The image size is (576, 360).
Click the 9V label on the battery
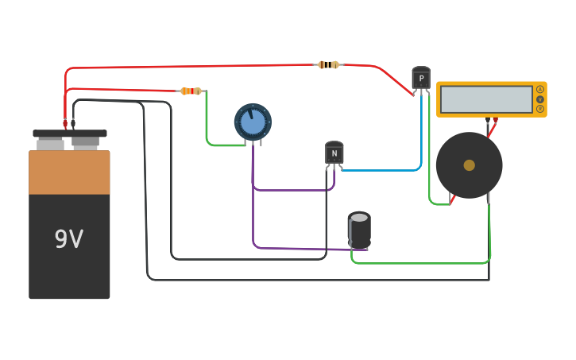coord(68,239)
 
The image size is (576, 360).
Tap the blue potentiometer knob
coord(253,122)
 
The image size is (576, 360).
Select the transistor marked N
coord(334,153)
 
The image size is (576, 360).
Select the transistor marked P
coord(421,78)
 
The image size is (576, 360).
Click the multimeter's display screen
coord(486,99)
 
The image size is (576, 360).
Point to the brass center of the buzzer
coord(470,165)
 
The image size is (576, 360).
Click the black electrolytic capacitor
coord(360,230)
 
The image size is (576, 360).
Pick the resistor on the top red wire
coord(328,64)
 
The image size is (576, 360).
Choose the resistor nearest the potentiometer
coord(191,91)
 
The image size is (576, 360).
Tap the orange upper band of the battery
coord(69,172)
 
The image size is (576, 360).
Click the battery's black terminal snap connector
coord(70,134)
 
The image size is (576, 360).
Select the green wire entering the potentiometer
coord(208,127)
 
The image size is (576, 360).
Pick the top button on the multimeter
coord(540,89)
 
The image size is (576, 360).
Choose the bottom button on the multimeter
coord(540,109)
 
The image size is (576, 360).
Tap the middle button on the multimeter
coord(540,99)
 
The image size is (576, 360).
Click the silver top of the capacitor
coord(360,217)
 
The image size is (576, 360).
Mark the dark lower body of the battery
coord(69,262)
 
